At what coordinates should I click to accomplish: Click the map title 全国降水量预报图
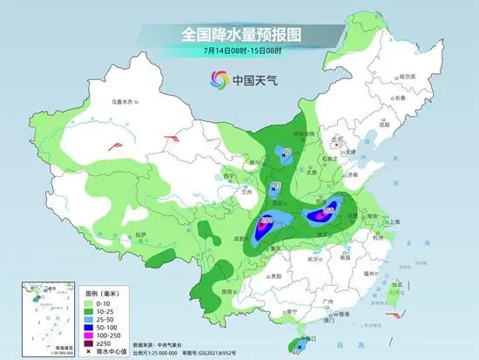coord(239,35)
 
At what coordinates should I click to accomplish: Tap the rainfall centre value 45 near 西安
coord(276,187)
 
